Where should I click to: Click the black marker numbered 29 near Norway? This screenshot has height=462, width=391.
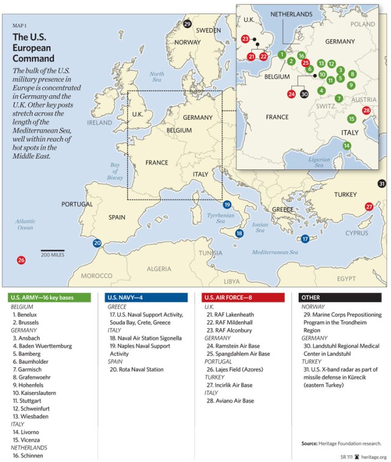[x=187, y=24]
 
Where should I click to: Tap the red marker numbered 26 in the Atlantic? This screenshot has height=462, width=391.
[x=21, y=260]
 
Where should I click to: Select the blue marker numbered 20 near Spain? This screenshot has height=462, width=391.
[x=97, y=243]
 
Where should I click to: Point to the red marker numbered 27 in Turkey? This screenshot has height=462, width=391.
[x=369, y=207]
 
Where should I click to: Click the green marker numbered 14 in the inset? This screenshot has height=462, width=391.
[x=346, y=145]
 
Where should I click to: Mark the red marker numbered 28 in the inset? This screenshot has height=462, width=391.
[x=367, y=111]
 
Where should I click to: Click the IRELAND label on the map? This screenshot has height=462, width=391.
[x=100, y=122]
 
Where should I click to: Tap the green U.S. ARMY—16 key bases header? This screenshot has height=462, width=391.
[x=49, y=298]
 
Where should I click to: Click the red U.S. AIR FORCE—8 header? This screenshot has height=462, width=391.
[x=243, y=298]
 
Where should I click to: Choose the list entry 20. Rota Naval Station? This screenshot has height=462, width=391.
[x=137, y=369]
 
